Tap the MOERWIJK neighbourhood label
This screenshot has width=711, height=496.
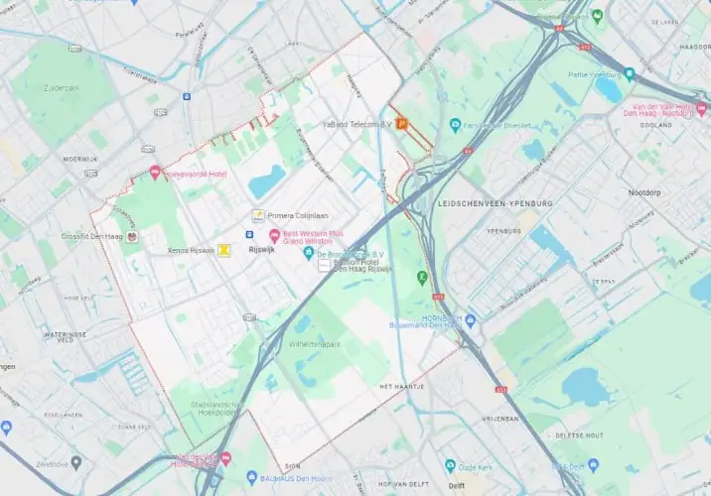[x=79, y=159]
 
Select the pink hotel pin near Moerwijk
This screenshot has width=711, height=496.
[x=155, y=173]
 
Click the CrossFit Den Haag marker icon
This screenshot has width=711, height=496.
[x=131, y=236]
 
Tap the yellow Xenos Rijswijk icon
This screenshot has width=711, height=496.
[x=225, y=250]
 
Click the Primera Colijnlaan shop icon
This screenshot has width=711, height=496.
[x=257, y=214]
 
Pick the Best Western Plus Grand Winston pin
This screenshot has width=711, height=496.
[x=274, y=235]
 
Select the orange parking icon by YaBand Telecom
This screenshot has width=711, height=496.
[x=401, y=124]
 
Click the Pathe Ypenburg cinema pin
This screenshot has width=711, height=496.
[x=629, y=74]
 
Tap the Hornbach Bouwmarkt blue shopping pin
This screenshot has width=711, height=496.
[x=471, y=320]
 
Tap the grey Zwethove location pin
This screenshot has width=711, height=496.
[x=75, y=462]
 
